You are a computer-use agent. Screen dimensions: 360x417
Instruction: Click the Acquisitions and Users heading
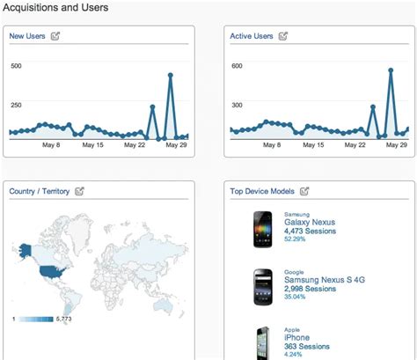click(x=55, y=9)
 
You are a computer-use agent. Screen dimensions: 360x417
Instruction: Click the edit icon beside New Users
click(x=56, y=36)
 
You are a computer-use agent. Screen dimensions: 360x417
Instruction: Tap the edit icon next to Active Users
click(x=282, y=36)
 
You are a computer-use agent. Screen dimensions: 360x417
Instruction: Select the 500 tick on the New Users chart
click(x=16, y=66)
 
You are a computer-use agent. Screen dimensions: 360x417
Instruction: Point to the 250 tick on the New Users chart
click(x=16, y=105)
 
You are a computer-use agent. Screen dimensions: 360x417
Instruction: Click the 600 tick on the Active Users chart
click(x=237, y=66)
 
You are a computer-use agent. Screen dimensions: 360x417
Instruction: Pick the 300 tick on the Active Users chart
click(x=237, y=105)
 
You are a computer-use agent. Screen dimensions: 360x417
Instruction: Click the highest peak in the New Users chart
click(x=170, y=76)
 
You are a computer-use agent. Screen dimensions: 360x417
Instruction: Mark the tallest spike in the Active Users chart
click(x=390, y=70)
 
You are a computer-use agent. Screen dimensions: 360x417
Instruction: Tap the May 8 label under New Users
click(x=51, y=145)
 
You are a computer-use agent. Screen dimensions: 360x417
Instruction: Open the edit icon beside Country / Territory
click(x=80, y=190)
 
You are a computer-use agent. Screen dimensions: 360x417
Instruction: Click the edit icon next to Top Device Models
click(x=304, y=190)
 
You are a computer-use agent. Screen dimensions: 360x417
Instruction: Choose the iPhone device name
click(x=297, y=335)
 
